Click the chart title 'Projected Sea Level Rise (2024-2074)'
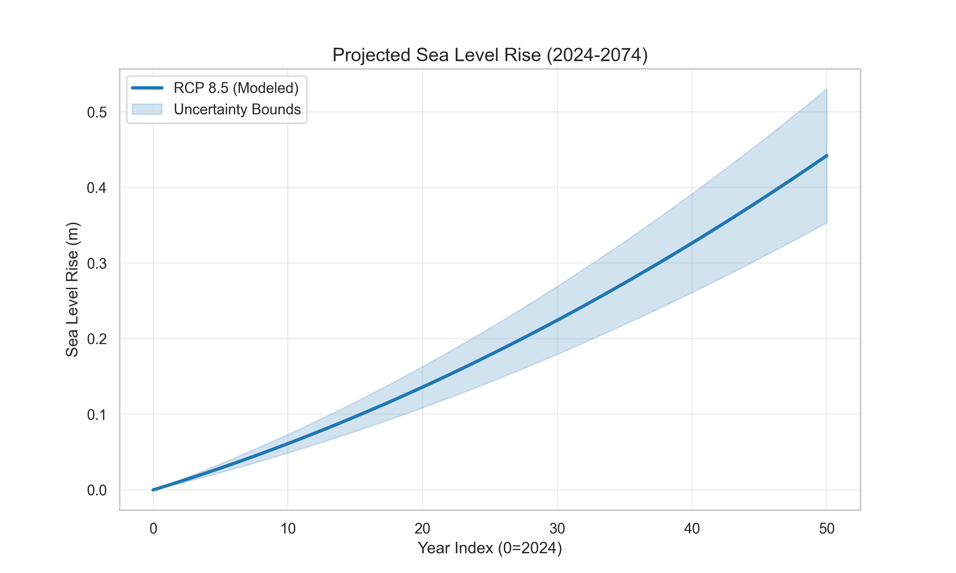coord(489,55)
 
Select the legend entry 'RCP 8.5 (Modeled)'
coord(236,88)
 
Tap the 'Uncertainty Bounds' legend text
coord(237,109)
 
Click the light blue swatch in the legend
coord(147,109)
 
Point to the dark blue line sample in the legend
coord(147,88)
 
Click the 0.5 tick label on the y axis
coord(97,113)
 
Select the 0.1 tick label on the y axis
coord(97,415)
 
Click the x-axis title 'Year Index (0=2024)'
coord(489,548)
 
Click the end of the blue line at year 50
coord(827,156)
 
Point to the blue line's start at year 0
coord(153,490)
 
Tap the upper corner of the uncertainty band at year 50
coord(826,89)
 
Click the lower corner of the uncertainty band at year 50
coord(826,223)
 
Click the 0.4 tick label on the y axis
coord(97,188)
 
